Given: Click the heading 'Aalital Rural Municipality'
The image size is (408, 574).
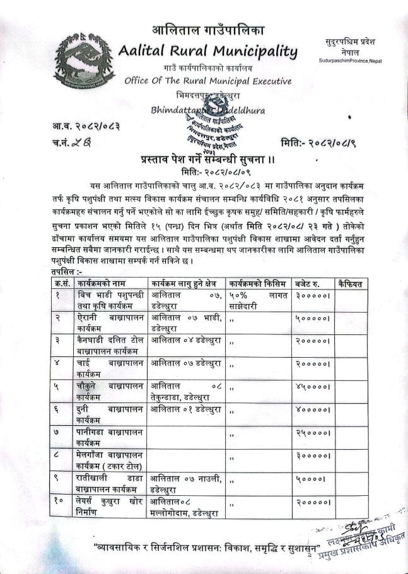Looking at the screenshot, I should pos(207,50).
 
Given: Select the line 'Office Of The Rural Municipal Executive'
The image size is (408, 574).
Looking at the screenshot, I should pos(208,81).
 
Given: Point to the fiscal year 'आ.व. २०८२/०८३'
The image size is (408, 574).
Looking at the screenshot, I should pos(86,126).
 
